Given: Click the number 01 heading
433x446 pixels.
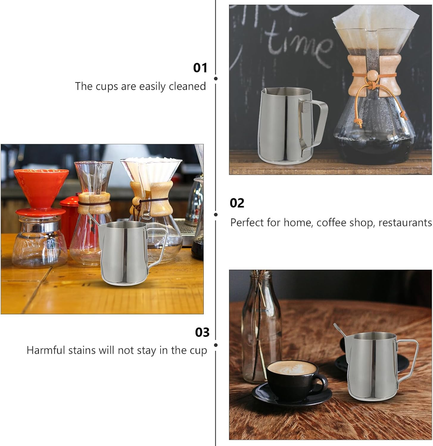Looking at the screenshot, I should click(x=200, y=68).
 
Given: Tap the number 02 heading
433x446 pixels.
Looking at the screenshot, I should click(x=237, y=203).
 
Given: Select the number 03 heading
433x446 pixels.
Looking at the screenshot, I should click(x=202, y=332).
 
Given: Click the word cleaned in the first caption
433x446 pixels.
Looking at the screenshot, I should click(x=187, y=86).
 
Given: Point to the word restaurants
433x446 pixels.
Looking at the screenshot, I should click(x=405, y=223).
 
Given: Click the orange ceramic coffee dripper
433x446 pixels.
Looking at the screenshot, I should click(x=41, y=186).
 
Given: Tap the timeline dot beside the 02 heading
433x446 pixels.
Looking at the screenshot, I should click(x=216, y=214).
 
